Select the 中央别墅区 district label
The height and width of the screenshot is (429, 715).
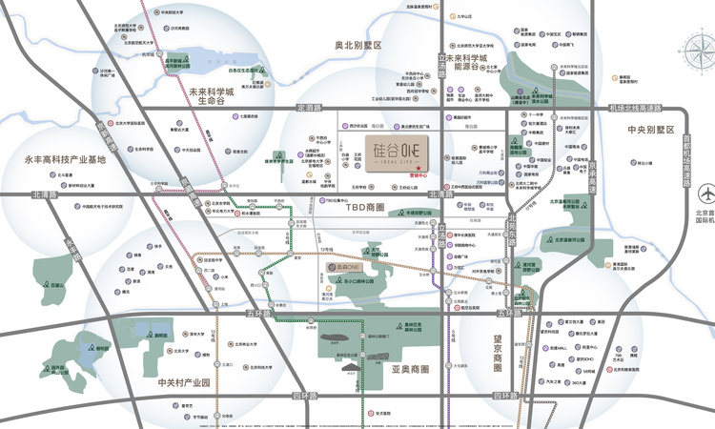point(650,130)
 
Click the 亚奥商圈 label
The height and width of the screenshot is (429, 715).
point(409,367)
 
